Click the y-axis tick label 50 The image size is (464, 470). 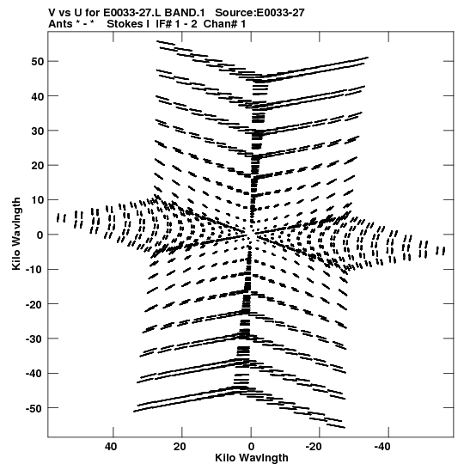[x=37, y=62]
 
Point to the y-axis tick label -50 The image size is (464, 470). [x=34, y=408]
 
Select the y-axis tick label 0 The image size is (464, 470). [x=40, y=235]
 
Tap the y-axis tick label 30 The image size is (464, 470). [x=37, y=131]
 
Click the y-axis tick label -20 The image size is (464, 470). [x=34, y=304]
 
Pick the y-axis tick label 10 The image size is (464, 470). [x=37, y=200]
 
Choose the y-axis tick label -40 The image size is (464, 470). [x=34, y=374]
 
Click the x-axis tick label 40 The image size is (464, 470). [x=111, y=447]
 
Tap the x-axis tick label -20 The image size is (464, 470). [x=314, y=447]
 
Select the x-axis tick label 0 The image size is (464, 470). [x=251, y=447]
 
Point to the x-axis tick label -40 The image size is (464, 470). [x=382, y=447]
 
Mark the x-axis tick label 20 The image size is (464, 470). [x=180, y=447]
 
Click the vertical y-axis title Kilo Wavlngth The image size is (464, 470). [x=16, y=234]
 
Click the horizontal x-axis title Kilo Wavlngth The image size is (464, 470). [x=252, y=458]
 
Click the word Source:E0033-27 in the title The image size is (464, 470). [x=259, y=13]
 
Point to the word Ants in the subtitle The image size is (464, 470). [x=60, y=24]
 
